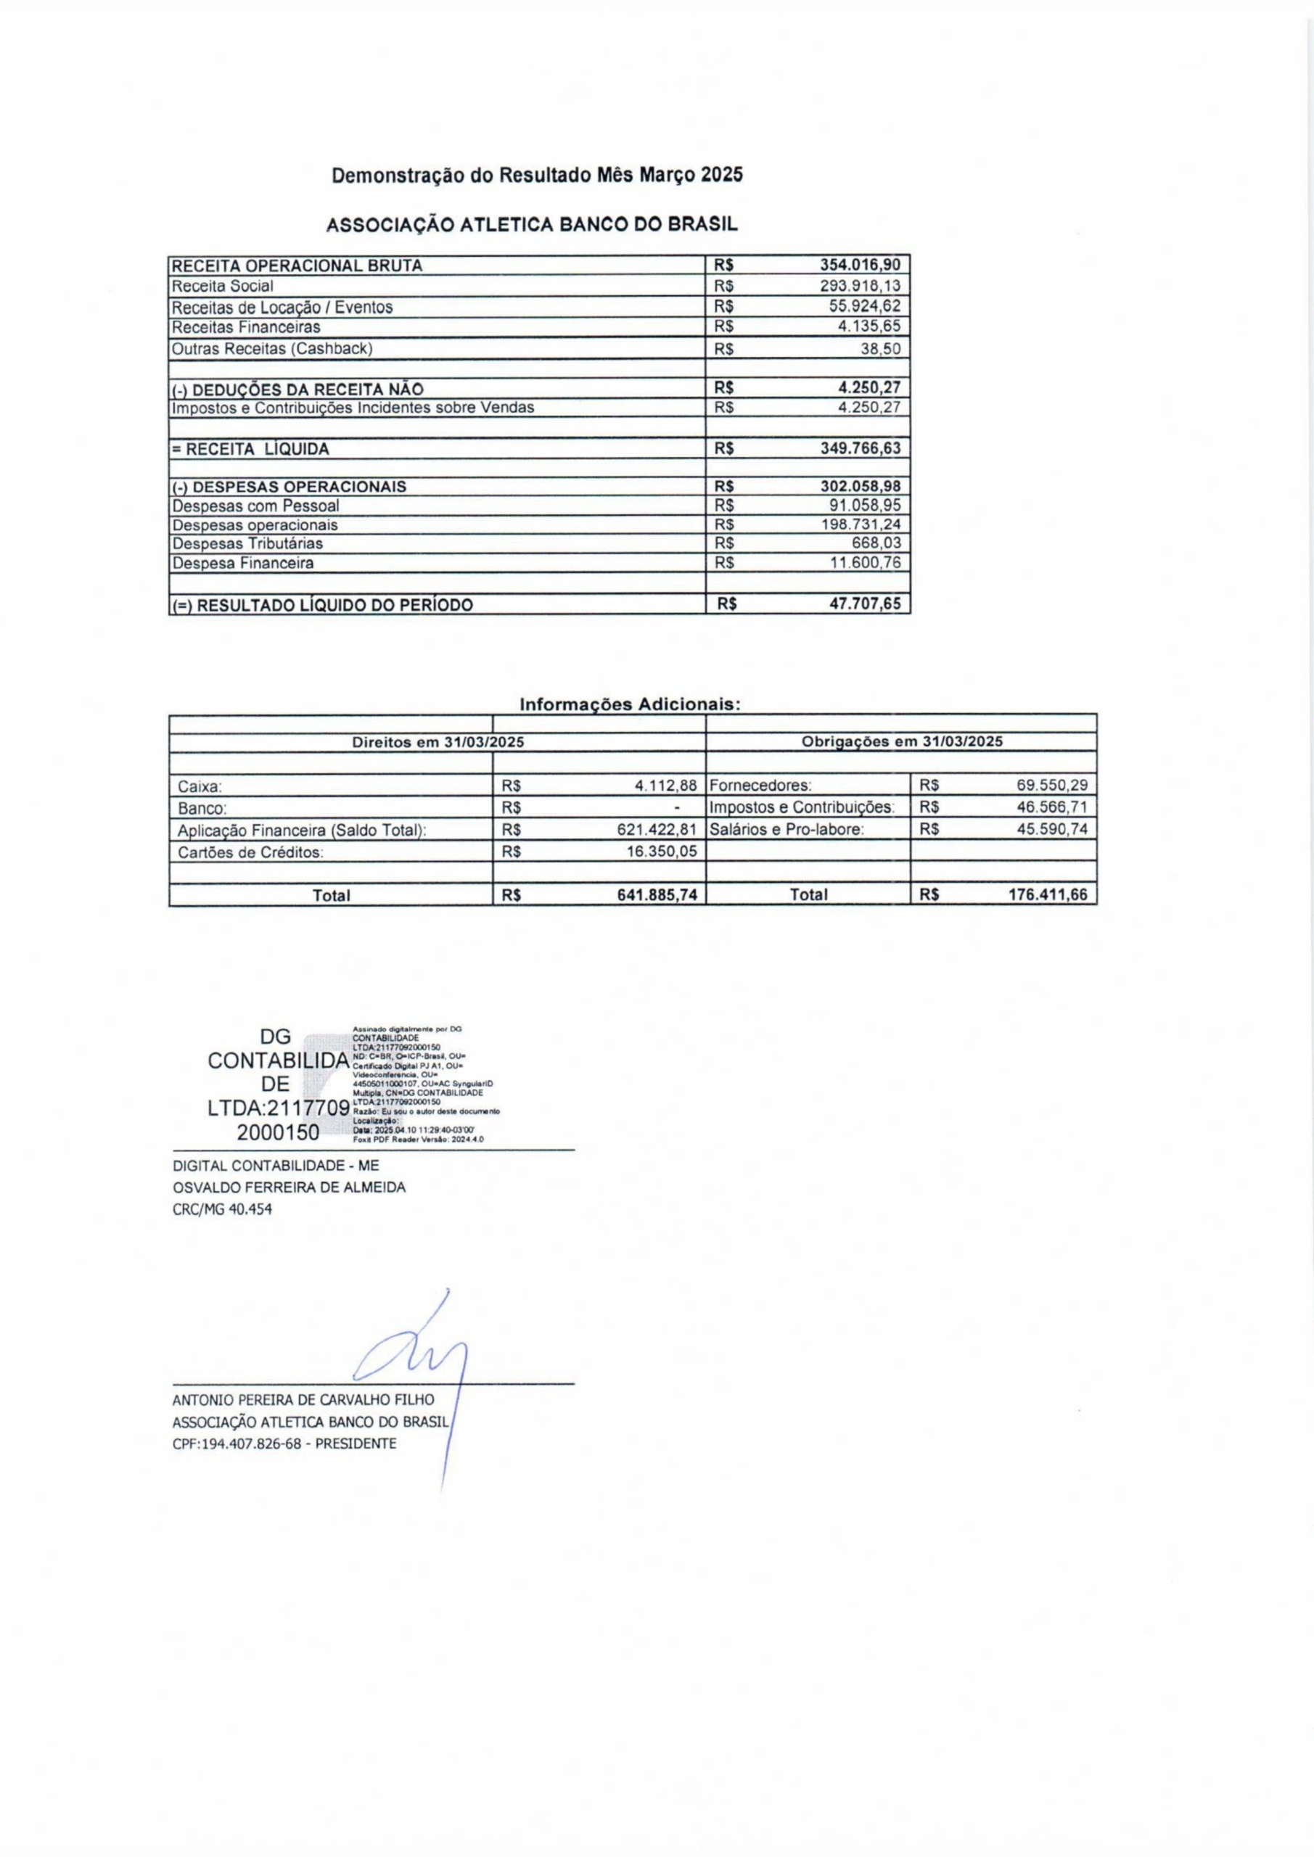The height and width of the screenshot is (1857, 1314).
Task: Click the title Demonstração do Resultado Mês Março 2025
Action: (x=536, y=175)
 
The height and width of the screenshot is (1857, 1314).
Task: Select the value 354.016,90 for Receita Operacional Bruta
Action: (x=859, y=265)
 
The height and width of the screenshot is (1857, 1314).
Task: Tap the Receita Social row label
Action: (x=223, y=286)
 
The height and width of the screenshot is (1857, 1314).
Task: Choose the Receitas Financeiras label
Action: (x=246, y=326)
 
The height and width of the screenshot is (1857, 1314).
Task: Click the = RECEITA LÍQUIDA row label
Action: (x=250, y=450)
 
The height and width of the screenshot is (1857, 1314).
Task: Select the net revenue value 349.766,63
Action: (x=859, y=448)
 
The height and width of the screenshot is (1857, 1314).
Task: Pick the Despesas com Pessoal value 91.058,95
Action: (x=864, y=506)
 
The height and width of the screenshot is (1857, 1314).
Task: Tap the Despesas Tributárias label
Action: (x=247, y=543)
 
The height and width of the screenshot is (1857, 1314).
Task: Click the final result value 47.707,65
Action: (x=864, y=604)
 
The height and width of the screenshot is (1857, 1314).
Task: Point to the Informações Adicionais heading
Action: (x=630, y=704)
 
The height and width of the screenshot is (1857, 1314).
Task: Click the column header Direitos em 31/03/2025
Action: (x=437, y=741)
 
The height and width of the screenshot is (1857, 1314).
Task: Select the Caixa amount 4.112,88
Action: (x=666, y=785)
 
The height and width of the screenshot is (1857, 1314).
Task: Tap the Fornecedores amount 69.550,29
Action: (x=1051, y=785)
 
